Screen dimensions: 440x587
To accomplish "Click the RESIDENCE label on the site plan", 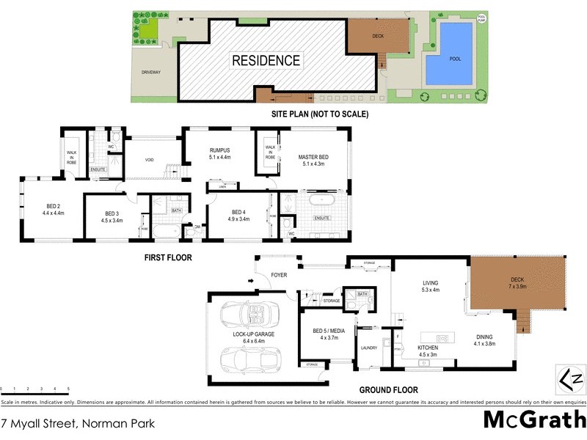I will point(266,61).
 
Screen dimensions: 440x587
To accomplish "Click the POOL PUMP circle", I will point(481,18).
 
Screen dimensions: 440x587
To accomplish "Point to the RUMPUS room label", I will point(219,153).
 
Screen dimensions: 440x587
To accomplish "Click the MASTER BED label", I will point(313,161).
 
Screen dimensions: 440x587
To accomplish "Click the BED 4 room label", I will point(239,215).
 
